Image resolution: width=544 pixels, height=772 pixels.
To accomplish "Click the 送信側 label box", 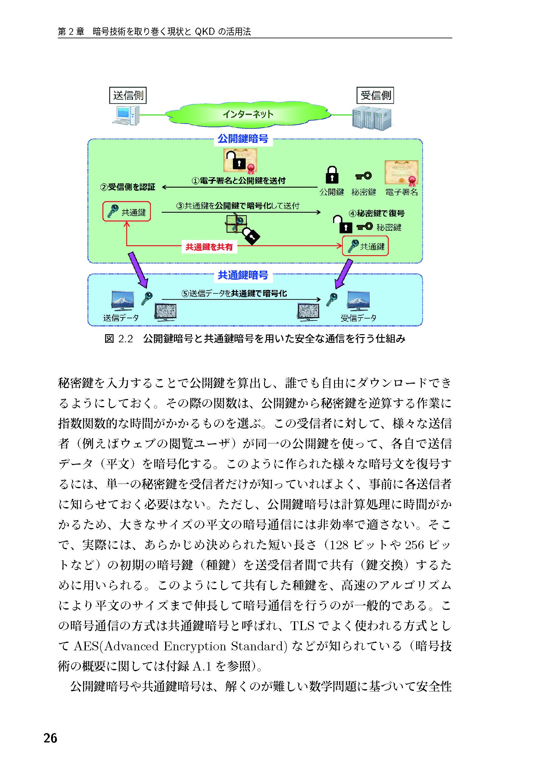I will pos(128,96).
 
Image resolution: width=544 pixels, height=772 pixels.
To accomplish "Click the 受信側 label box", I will pos(375,96).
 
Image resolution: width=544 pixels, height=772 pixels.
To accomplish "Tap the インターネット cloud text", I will pos(248,114).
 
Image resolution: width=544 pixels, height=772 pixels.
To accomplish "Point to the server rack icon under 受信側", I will pos(372,118).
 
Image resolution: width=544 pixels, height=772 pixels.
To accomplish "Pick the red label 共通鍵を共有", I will pos(209,247).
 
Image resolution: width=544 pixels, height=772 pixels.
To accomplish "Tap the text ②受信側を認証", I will pos(128,187).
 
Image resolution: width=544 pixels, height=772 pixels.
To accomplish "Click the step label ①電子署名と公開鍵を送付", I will pos(238,181).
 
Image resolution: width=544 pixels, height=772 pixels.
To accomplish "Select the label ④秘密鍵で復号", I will pos(377,213).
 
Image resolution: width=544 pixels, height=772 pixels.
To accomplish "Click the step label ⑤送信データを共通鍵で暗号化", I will pos(234,293).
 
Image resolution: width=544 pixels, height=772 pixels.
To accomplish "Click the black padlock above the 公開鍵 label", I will pos(332,175).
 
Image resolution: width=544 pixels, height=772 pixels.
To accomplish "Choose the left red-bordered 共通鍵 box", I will pos(127,212).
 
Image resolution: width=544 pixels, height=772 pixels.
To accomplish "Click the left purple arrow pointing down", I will pos(138,270).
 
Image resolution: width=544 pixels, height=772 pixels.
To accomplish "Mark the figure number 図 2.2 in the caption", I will pos(119,339).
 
